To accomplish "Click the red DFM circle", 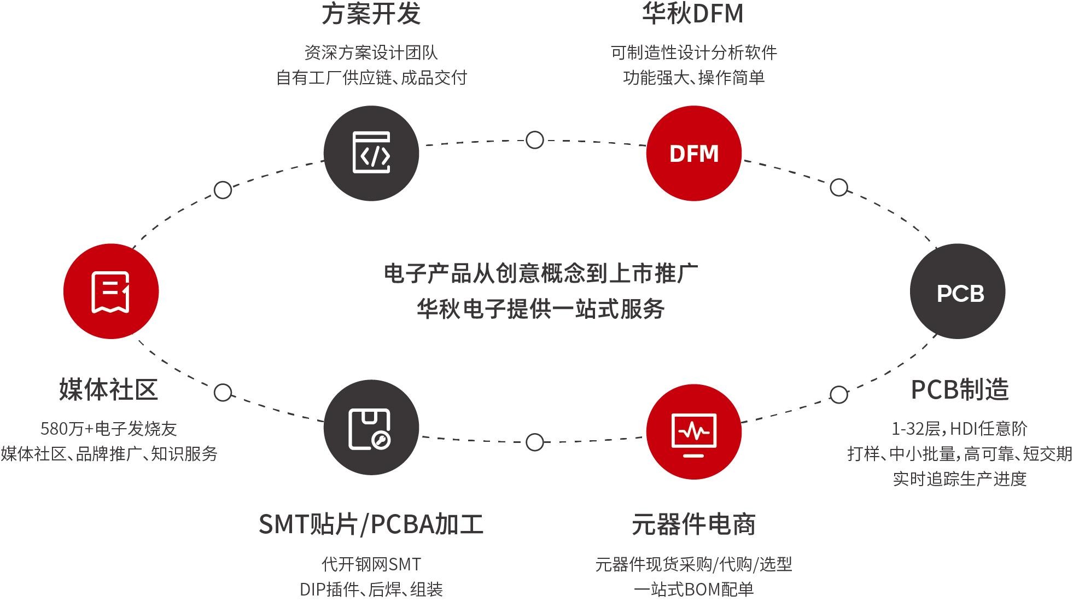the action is pos(693,153).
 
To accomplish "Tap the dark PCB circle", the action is pos(958,291).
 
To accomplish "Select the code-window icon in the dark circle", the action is pos(371,153).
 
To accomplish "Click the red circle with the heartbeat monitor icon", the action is pos(693,431).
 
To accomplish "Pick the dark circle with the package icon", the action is pos(371,428).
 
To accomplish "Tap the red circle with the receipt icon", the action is pos(111,291).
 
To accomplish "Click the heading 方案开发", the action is pos(371,14).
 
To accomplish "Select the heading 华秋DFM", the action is pos(693,14).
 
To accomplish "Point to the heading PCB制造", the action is pos(960,389).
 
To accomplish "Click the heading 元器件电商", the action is pos(693,524).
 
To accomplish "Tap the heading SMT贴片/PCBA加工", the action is pos(371,524).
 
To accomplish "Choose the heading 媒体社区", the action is pos(109,389).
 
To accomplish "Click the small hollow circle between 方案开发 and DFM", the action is pos(534,140).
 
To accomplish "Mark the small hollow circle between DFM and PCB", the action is pos(839,188).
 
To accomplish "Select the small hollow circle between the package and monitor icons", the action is pos(534,442).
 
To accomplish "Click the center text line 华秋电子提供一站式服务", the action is pos(541,309).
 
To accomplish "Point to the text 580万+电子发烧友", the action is pos(109,428).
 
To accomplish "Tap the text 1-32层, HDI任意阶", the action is pos(960,428).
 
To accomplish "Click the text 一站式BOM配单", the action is pos(693,589).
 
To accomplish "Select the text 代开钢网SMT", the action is pos(371,564).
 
